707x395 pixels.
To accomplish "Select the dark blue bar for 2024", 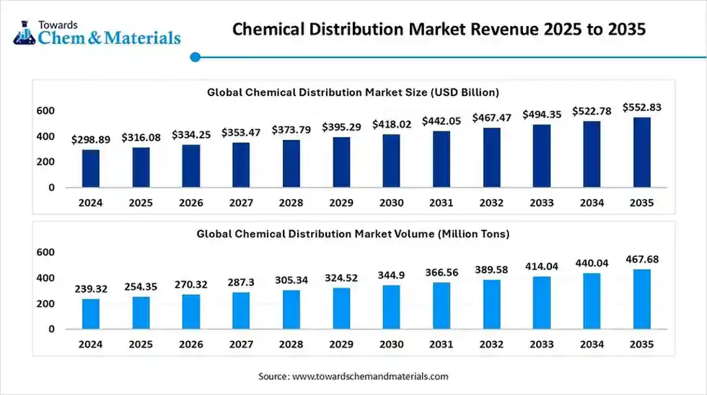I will coord(91,168).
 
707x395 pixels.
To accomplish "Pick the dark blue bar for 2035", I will coord(641,152).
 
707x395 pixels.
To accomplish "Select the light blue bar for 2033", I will coord(541,302).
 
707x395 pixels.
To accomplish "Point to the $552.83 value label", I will coord(641,107).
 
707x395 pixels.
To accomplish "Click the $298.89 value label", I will coord(91,140).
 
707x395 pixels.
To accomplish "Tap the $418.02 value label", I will coord(392,125).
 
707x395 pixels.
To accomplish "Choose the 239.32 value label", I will coord(91,288).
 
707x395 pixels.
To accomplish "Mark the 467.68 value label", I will coord(641,259).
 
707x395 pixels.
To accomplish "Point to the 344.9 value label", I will coord(392,275).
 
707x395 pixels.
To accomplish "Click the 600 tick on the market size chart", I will coord(45,110).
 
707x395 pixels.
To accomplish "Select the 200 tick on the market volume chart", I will coord(45,303).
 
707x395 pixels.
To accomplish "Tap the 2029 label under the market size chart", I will coord(341,203).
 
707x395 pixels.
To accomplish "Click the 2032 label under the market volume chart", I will coord(491,345).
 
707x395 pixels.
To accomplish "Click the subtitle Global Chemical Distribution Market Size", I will coord(353,92).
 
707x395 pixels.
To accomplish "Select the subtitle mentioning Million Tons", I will coord(353,234).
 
